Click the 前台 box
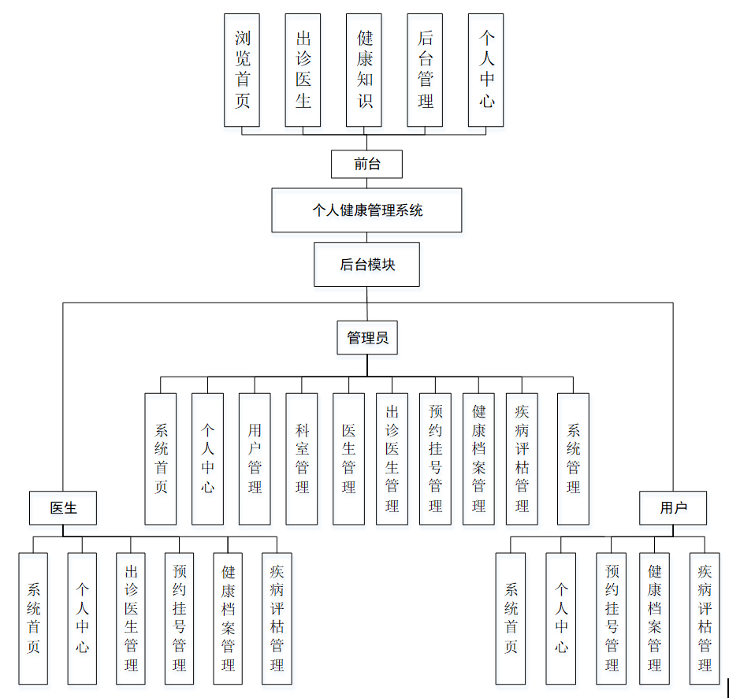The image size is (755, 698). [366, 164]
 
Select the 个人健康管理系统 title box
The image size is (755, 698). [366, 210]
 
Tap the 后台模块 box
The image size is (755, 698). [366, 265]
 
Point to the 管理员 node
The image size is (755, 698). [367, 338]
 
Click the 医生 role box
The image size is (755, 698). [63, 508]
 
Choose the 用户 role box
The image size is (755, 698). [673, 508]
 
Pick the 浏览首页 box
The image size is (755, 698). [242, 70]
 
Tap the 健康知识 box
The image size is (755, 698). [364, 70]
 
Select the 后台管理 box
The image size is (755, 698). [425, 70]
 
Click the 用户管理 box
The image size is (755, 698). [255, 459]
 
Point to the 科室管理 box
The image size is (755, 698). [302, 459]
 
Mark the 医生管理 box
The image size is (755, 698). [348, 459]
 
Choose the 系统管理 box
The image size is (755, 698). [573, 459]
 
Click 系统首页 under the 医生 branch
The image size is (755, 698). [33, 618]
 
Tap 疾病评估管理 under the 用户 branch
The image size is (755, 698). [705, 618]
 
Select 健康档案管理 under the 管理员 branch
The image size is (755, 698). [478, 459]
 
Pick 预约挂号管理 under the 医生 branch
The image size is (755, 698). [179, 618]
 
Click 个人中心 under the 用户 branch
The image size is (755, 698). [561, 618]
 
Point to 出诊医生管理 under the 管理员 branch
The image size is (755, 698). [392, 459]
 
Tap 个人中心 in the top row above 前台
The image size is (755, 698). [485, 70]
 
